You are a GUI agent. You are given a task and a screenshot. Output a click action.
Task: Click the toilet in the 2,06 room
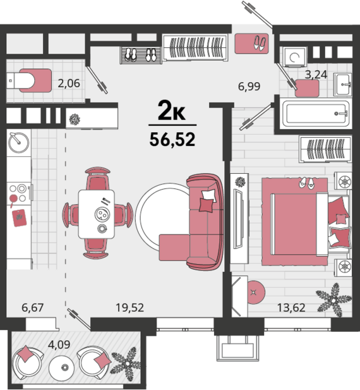(20, 80)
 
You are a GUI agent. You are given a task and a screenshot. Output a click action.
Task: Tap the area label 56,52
(172, 139)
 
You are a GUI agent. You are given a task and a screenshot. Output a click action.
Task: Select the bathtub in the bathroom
(316, 114)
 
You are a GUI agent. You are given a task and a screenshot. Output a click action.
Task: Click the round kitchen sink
(19, 142)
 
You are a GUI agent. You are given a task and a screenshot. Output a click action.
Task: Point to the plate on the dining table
(102, 214)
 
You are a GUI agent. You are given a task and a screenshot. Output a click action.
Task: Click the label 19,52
(129, 308)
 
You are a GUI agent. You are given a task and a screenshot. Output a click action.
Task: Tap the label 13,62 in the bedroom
(291, 308)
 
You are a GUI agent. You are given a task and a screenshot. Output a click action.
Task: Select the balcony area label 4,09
(59, 344)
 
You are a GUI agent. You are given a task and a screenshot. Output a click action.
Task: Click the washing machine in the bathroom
(294, 57)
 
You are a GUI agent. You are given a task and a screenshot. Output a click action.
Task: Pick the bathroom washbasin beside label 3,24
(342, 85)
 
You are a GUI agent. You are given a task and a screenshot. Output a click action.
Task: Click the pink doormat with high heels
(251, 44)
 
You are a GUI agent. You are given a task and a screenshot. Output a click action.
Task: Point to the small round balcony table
(62, 367)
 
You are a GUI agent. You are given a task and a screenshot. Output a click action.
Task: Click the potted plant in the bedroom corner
(334, 300)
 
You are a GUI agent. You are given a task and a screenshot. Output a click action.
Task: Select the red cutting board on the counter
(20, 218)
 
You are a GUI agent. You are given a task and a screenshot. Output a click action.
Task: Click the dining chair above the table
(98, 179)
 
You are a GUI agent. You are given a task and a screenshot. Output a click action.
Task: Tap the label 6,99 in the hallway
(249, 87)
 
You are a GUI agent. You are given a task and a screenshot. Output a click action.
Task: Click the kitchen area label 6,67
(33, 308)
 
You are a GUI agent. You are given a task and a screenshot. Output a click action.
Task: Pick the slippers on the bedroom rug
(307, 182)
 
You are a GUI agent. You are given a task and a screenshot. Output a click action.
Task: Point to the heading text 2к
(171, 111)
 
